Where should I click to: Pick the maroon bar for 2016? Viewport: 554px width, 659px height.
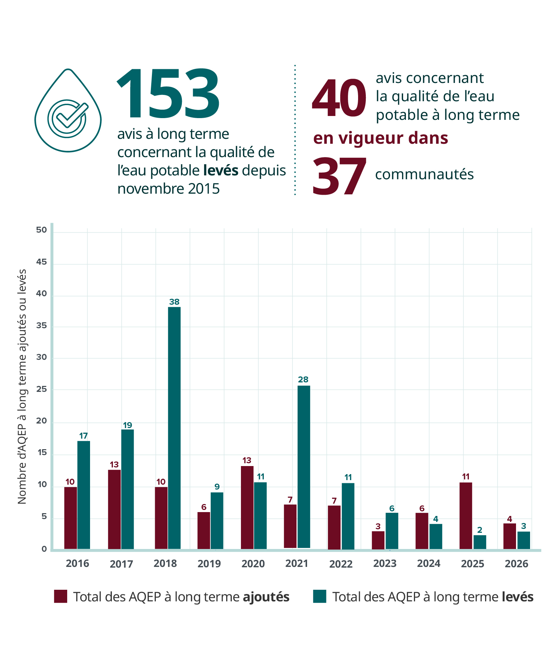70,518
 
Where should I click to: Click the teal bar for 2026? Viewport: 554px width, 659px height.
523,540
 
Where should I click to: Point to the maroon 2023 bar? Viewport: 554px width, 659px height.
378,540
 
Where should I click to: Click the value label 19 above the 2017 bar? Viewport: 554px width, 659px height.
127,425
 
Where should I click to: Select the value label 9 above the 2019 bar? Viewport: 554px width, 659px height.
217,487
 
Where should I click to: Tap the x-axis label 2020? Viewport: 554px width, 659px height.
253,564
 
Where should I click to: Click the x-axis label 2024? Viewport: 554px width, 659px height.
428,564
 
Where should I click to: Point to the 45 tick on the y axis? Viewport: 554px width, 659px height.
42,262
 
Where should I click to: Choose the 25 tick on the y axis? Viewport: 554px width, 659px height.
42,389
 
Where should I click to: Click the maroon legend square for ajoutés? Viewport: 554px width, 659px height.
61,596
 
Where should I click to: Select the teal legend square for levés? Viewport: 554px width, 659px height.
319,596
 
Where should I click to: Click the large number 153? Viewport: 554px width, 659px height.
168,94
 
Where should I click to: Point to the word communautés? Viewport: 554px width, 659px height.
424,174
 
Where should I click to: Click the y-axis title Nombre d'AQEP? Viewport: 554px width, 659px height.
22,387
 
